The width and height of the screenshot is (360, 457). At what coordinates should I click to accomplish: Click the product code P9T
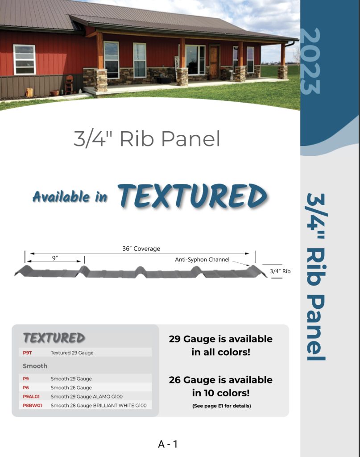point(27,353)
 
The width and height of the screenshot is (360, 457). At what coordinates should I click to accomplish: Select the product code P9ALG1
point(31,396)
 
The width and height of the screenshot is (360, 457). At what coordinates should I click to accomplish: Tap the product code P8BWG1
point(32,405)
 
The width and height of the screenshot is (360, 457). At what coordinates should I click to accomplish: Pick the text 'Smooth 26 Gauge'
point(71,388)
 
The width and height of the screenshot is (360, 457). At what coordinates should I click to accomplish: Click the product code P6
point(26,388)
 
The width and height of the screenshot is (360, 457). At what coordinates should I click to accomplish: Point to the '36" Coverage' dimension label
point(141,249)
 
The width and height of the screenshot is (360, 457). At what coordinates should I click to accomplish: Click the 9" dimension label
point(55,258)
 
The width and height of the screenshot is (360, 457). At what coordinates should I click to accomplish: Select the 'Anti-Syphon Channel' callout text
point(202,259)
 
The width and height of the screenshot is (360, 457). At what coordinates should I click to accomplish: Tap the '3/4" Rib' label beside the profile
point(280,271)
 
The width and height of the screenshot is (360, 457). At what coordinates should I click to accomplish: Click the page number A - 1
point(168,444)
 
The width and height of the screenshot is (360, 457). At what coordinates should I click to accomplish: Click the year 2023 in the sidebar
point(310,61)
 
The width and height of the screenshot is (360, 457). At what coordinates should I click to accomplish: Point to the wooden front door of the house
point(214,62)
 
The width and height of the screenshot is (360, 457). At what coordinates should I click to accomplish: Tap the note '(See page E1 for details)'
point(222,406)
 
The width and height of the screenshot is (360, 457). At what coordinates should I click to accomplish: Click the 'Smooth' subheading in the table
point(35,366)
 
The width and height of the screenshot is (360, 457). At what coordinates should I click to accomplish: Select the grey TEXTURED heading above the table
point(54,338)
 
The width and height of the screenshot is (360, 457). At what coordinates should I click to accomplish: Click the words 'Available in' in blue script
point(70,197)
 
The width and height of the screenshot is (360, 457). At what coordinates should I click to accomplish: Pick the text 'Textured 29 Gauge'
point(72,353)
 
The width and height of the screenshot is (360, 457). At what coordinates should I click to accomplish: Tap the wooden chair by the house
point(69,84)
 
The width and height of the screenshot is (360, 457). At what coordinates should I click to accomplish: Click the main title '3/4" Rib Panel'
point(147,139)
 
